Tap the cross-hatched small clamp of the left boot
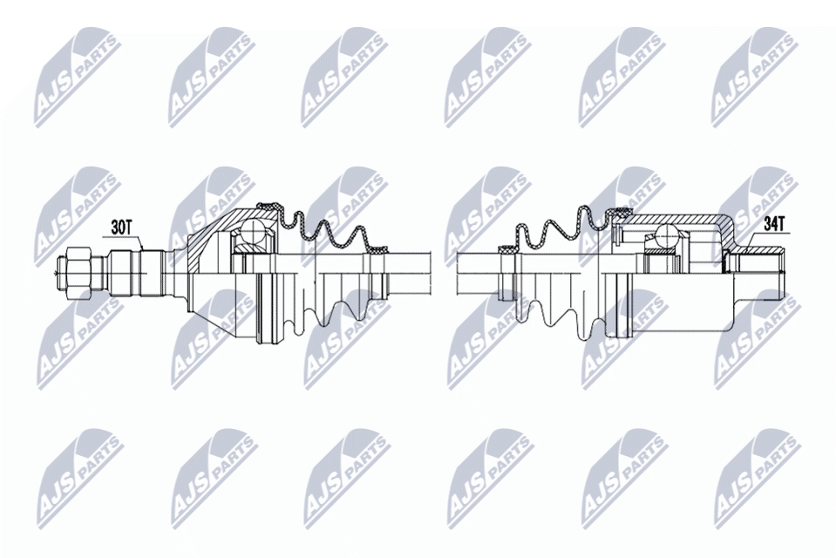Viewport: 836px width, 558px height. [379, 249]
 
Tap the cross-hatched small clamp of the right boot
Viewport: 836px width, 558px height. [506, 249]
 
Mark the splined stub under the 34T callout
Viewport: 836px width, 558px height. [757, 273]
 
